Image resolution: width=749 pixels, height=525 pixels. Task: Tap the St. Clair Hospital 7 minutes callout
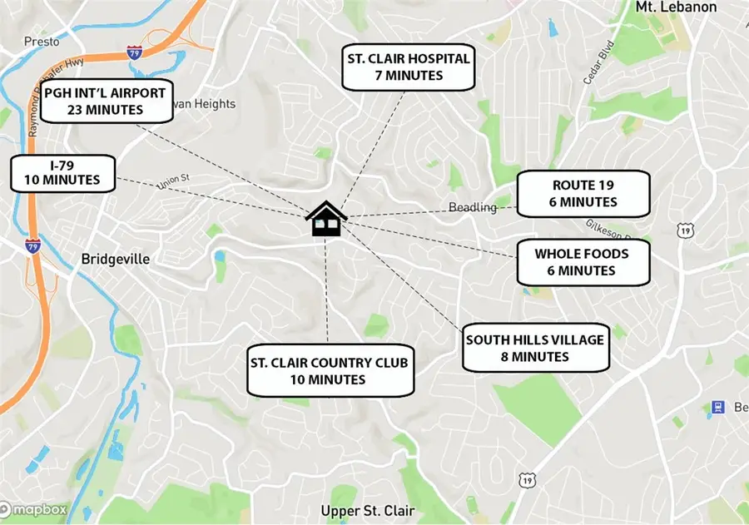pyautogui.click(x=408, y=67)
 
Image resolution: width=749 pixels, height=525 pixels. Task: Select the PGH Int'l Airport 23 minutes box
pyautogui.click(x=106, y=100)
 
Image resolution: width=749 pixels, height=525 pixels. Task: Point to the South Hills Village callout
pyautogui.click(x=535, y=348)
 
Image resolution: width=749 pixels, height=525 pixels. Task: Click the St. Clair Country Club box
pyautogui.click(x=330, y=371)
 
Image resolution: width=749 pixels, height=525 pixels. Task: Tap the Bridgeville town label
pyautogui.click(x=116, y=259)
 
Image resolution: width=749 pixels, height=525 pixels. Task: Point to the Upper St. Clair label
pyautogui.click(x=368, y=510)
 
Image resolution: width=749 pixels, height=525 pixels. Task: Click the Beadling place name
pyautogui.click(x=472, y=207)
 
